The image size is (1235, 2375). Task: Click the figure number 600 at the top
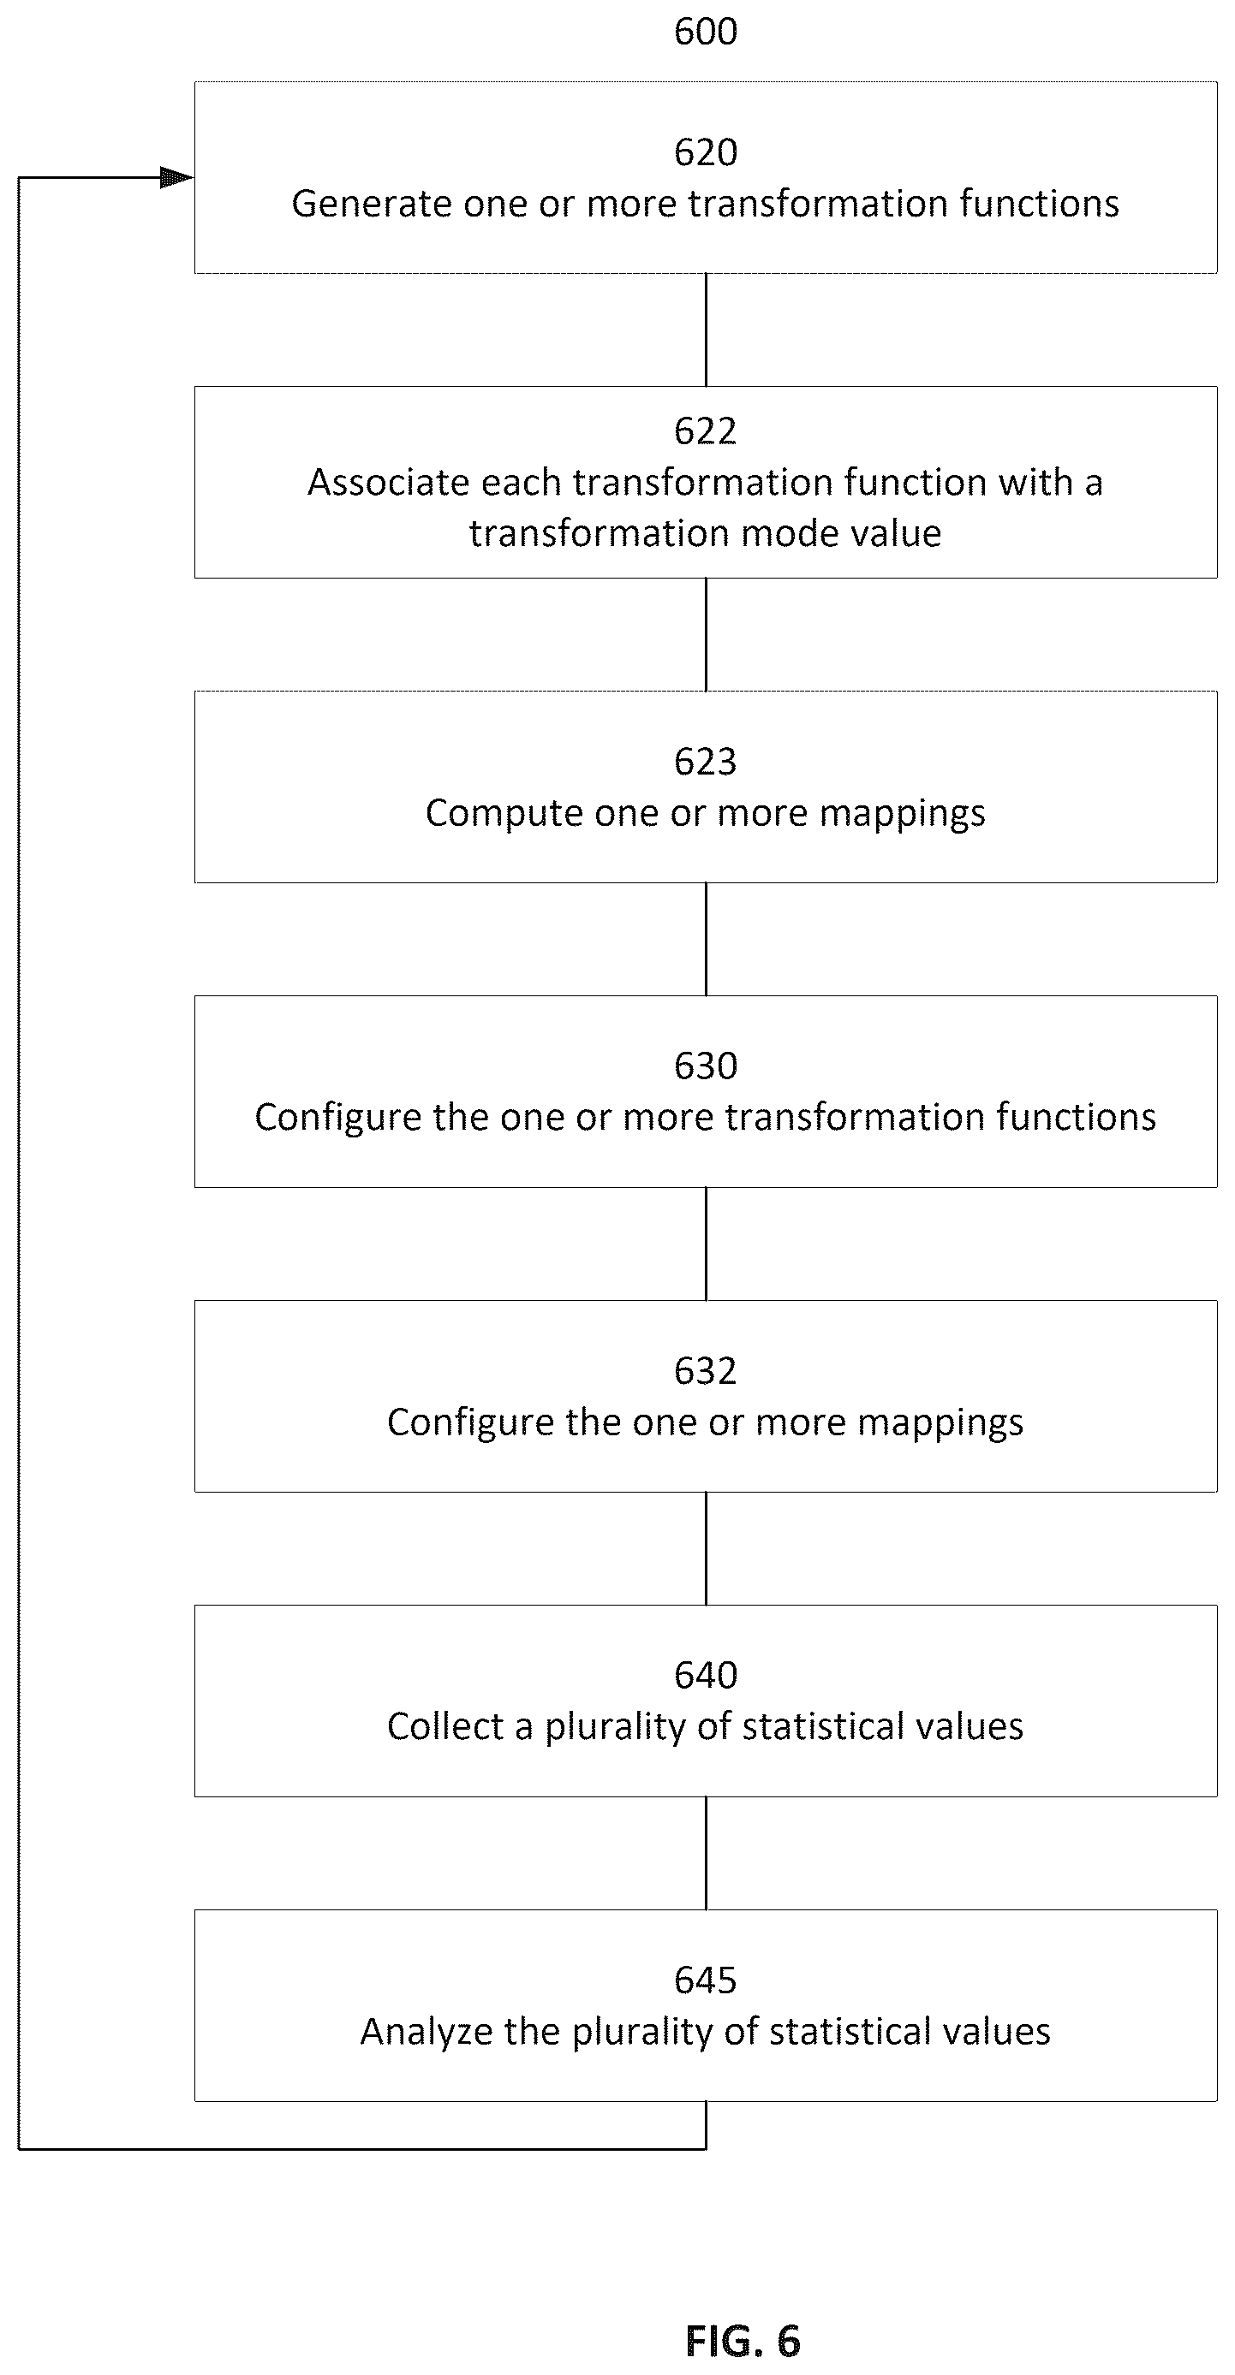point(706,32)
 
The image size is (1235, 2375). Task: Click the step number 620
point(706,152)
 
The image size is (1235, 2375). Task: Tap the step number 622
point(706,430)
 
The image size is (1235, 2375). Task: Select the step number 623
point(706,762)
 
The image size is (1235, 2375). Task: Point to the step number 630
point(706,1066)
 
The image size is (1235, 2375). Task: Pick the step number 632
point(706,1371)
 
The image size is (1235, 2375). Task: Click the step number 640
point(706,1675)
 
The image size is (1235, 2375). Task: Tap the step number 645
point(706,1980)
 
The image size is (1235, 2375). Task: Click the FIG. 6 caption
point(743,2341)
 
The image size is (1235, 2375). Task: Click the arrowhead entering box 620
point(177,177)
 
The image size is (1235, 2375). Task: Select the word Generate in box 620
point(372,204)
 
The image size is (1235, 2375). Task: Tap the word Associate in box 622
point(388,482)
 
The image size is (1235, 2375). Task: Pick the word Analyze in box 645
point(427,2033)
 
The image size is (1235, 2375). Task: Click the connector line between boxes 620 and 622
point(707,330)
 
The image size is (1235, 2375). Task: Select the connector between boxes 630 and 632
point(707,1244)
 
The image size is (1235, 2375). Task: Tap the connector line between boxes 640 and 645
point(707,1853)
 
